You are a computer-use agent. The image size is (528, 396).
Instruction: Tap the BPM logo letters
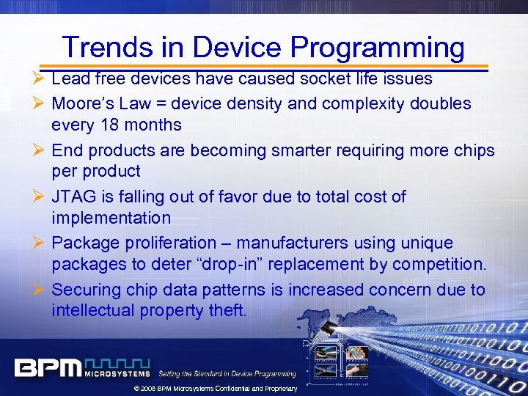[x=48, y=367]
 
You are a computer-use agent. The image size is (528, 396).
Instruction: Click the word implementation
[x=111, y=218]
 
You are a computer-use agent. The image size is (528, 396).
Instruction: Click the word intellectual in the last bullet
[x=92, y=310]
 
